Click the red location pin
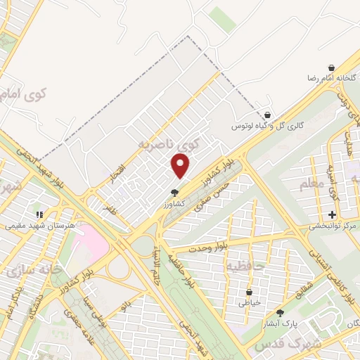[x=181, y=166]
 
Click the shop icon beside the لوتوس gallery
[x=266, y=115]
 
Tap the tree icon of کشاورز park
[x=174, y=192]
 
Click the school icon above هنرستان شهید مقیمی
[x=40, y=214]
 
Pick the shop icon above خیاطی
[x=250, y=292]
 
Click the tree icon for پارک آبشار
[x=281, y=313]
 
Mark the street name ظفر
[x=108, y=209]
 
